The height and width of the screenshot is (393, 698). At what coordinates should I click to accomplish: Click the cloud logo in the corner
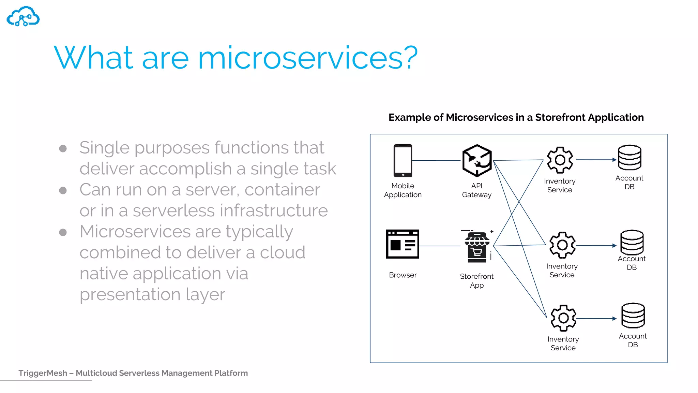pos(23,16)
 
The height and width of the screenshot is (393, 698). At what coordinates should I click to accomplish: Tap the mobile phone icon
pos(403,160)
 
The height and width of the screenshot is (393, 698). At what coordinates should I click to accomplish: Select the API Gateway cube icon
pos(477,160)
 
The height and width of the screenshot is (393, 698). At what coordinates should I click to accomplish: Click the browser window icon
pos(403,244)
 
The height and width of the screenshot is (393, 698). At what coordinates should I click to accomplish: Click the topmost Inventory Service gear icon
pos(560,160)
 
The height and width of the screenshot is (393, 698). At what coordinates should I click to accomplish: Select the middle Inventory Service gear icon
pos(562,245)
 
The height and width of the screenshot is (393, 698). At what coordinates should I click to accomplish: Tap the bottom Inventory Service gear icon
pos(563,318)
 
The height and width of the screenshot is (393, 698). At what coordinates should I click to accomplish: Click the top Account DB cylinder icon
pos(629,158)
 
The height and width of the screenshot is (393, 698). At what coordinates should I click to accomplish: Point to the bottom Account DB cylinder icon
pos(633,316)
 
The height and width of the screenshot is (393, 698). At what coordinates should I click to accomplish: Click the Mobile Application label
pos(403,190)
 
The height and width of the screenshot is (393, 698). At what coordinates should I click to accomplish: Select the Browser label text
pos(403,275)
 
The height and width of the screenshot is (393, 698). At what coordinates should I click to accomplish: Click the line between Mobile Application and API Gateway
pos(436,160)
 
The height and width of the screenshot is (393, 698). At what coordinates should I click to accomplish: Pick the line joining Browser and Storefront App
pos(440,246)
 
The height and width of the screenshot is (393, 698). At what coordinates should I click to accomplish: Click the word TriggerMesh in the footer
pos(43,373)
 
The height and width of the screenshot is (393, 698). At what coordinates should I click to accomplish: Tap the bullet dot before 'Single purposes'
pos(63,148)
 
